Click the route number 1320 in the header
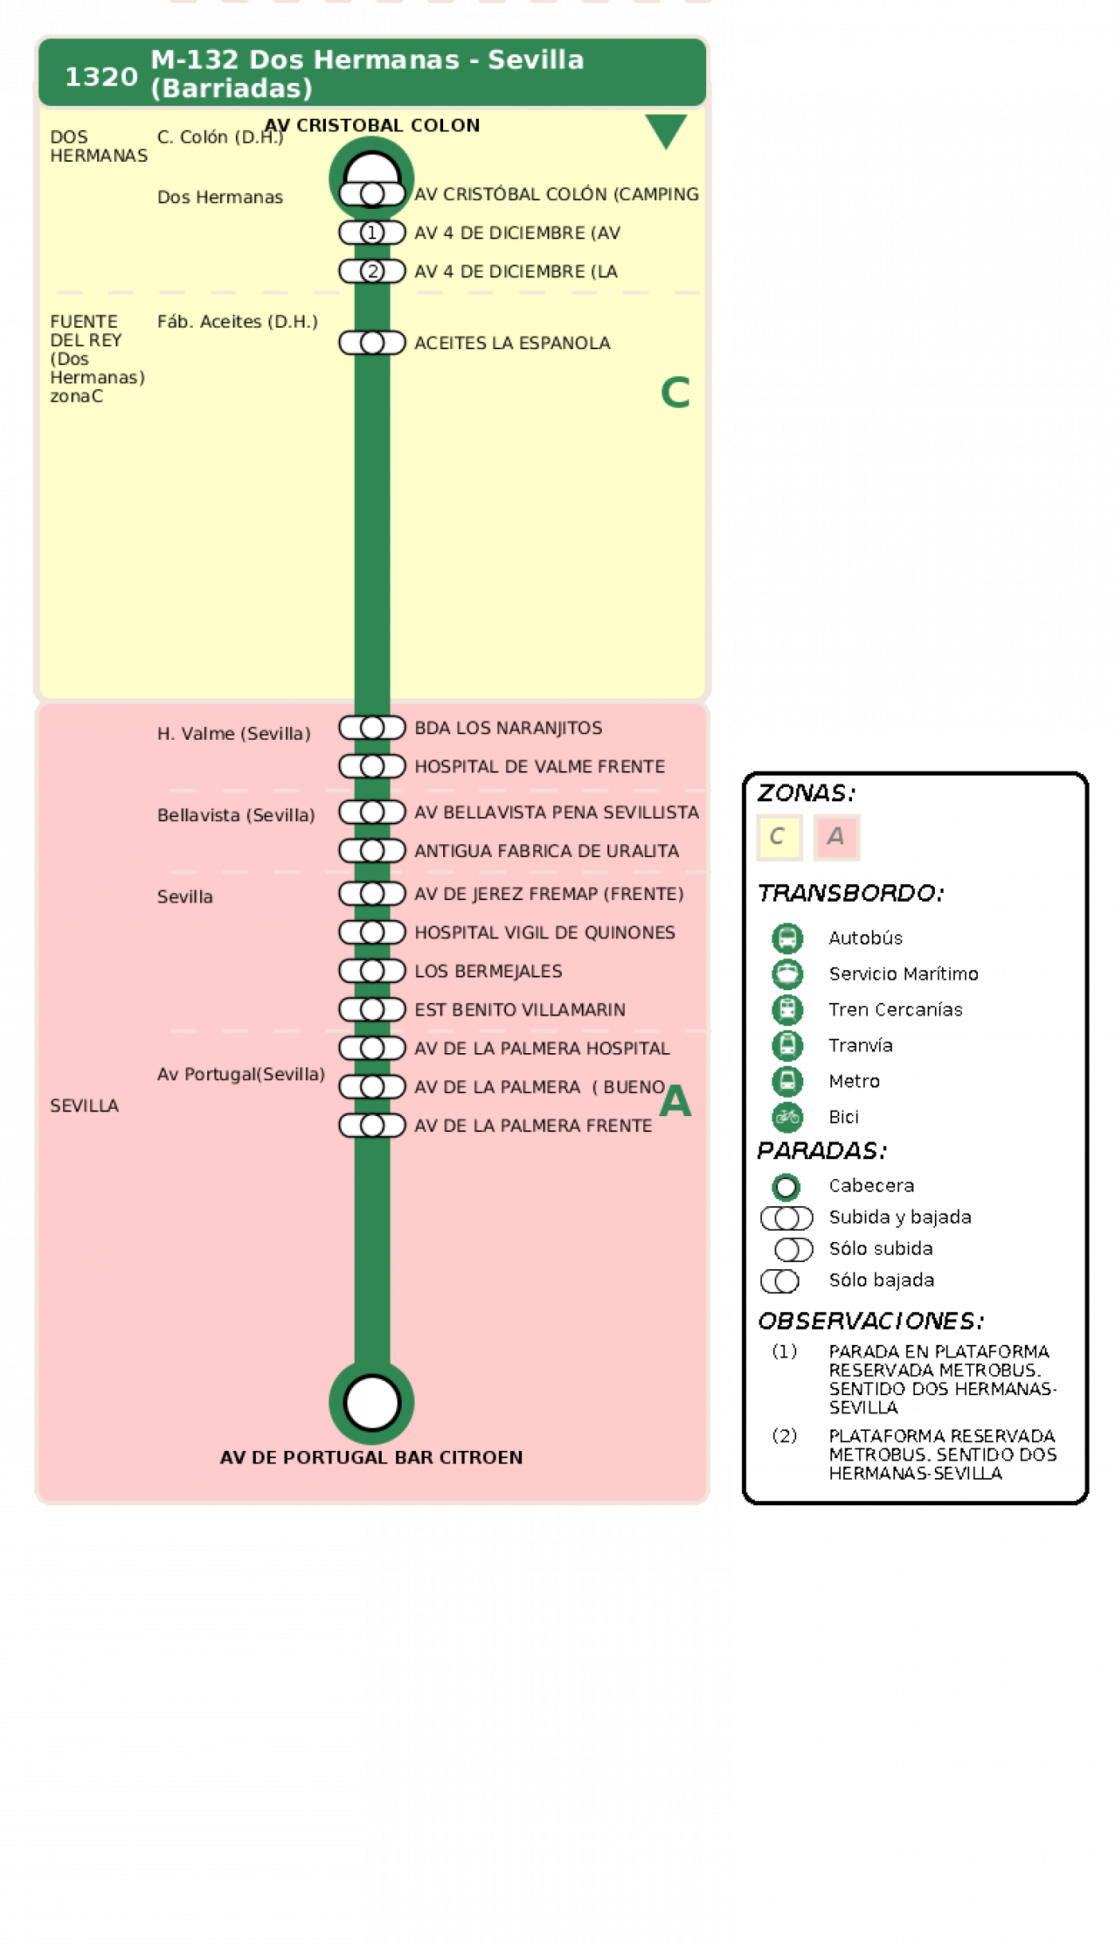pos(101,77)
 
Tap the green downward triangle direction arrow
pos(665,130)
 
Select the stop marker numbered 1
pos(372,233)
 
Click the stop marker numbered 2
pos(372,271)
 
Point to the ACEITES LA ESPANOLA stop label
pos(512,343)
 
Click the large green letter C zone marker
pos(675,392)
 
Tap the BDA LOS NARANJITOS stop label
pos(508,728)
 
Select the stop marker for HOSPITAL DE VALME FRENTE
pos(372,766)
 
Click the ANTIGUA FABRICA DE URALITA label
pos(547,851)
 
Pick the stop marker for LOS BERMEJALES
pos(372,971)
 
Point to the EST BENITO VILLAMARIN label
pos(520,1009)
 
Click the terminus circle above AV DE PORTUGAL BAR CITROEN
pos(372,1402)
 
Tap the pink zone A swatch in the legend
pos(836,837)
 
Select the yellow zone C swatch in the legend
pos(779,837)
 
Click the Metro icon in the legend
pos(787,1081)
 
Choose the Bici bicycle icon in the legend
pos(787,1117)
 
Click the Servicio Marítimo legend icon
pos(787,973)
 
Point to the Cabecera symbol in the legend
pos(786,1187)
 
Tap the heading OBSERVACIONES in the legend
pos(870,1321)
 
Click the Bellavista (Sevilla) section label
pos(236,815)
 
